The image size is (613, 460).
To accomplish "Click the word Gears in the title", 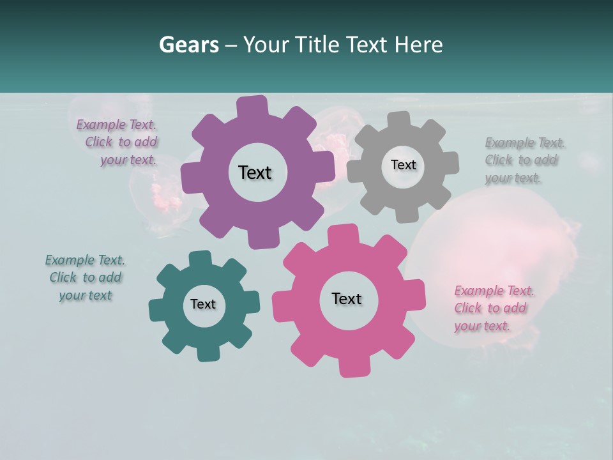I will (x=188, y=45).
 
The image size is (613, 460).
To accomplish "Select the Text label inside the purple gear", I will (x=255, y=172).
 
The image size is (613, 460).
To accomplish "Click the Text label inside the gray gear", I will (x=403, y=165).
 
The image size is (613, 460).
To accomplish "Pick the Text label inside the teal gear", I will (x=203, y=304).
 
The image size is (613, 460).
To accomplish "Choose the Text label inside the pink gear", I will (x=347, y=298).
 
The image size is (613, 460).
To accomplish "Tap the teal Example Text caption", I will (x=86, y=277).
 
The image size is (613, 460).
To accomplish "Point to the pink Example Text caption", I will (x=494, y=308).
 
